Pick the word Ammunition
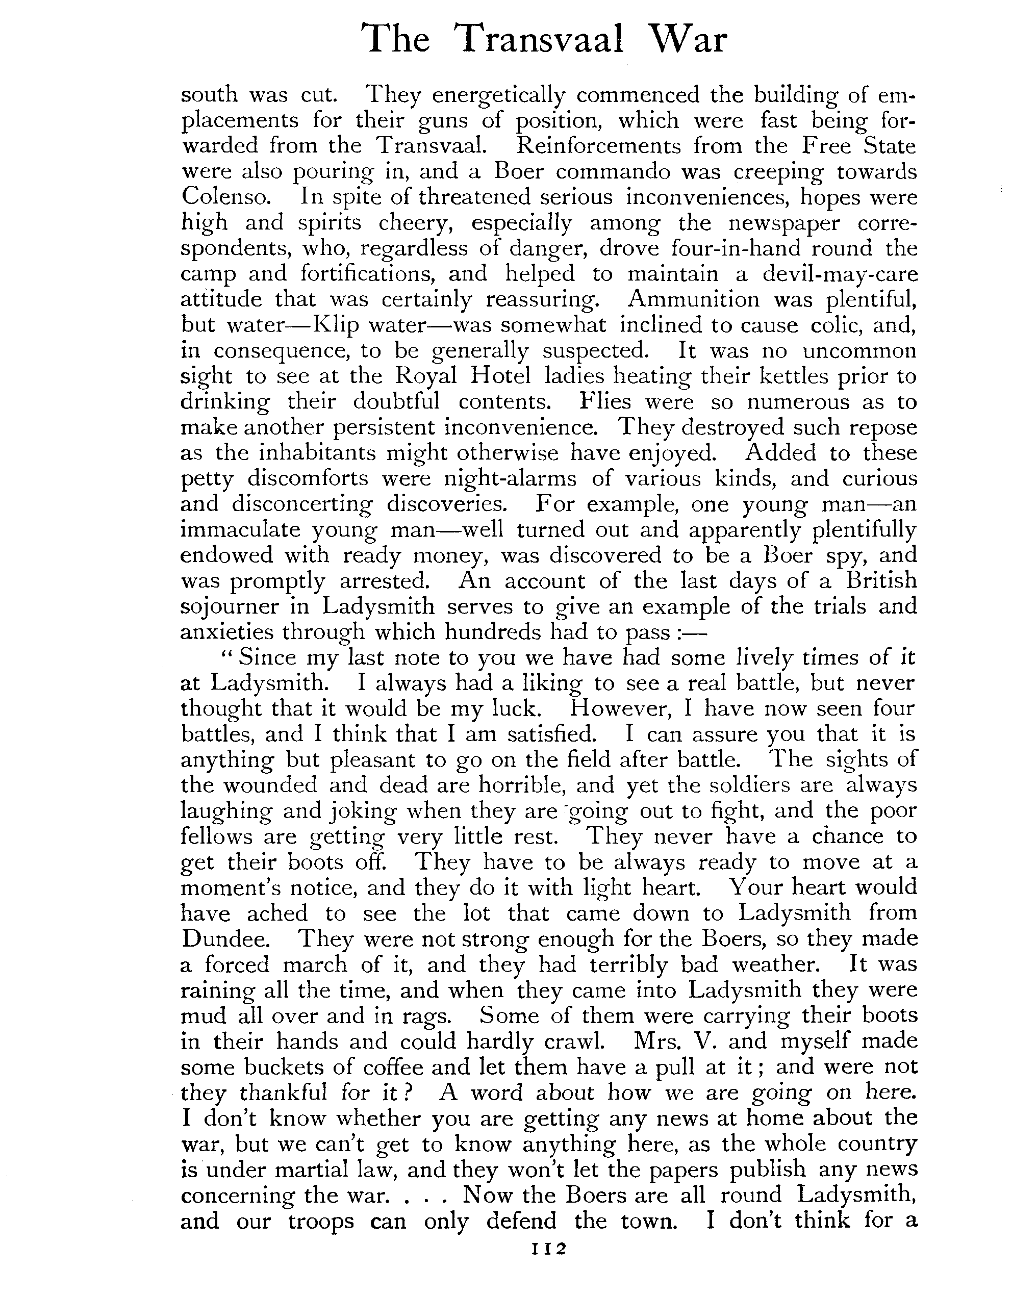[x=693, y=299]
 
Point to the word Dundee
[x=218, y=939]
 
